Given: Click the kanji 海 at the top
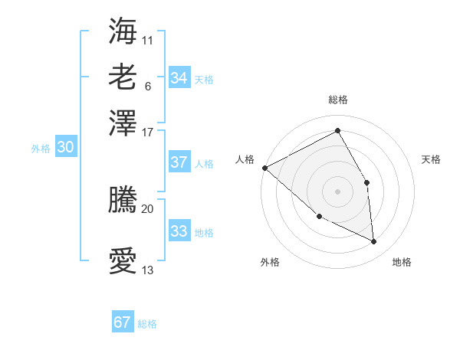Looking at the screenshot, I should (123, 31).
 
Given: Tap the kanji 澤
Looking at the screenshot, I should (123, 123).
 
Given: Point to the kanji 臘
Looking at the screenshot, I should (123, 200).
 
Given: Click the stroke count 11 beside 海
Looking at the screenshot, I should (148, 40).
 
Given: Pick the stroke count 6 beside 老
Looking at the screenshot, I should (147, 86).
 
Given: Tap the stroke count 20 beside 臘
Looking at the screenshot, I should (148, 208).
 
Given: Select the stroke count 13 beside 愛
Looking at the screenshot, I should (148, 270).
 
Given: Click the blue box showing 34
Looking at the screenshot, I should (179, 78).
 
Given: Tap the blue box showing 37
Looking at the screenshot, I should (179, 162).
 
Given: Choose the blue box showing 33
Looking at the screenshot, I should (179, 231).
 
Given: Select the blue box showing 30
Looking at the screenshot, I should (65, 148).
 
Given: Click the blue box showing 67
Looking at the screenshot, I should (123, 322).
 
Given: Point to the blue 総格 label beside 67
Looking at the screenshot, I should (147, 324).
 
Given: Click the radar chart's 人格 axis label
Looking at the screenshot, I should (245, 159).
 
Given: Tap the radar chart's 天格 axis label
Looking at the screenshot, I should (431, 159).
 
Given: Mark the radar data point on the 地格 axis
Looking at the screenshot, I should (374, 242).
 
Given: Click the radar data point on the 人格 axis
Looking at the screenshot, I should (264, 168).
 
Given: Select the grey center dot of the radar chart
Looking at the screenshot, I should (337, 191).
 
